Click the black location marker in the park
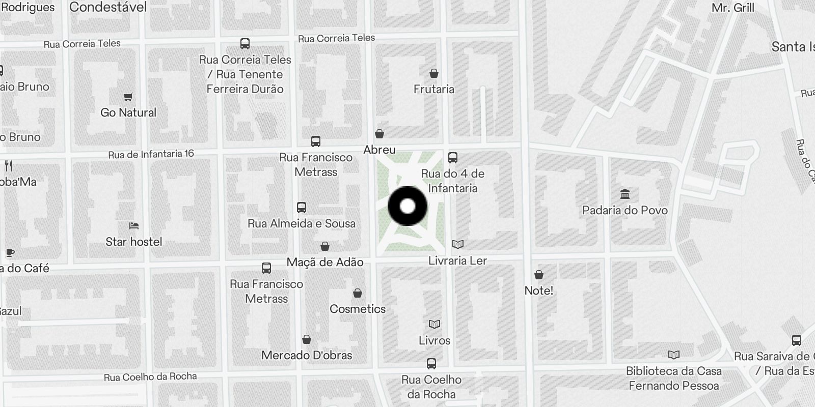pyautogui.click(x=407, y=207)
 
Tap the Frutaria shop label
pyautogui.click(x=433, y=89)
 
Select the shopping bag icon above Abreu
pyautogui.click(x=379, y=134)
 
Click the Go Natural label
pyautogui.click(x=128, y=112)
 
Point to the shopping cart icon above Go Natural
pyautogui.click(x=128, y=97)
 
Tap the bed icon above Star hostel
pyautogui.click(x=134, y=225)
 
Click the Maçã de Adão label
pyautogui.click(x=325, y=262)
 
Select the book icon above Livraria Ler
pyautogui.click(x=458, y=245)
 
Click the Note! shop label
pyautogui.click(x=538, y=290)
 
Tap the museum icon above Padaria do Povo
pyautogui.click(x=625, y=194)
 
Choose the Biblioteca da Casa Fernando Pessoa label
pyautogui.click(x=673, y=378)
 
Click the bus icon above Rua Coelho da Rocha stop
pyautogui.click(x=431, y=364)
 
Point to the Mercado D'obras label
pyautogui.click(x=307, y=355)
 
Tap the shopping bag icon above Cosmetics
pyautogui.click(x=358, y=293)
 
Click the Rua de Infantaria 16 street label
pyautogui.click(x=151, y=154)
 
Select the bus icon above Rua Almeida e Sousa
pyautogui.click(x=302, y=207)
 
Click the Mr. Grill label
pyautogui.click(x=732, y=8)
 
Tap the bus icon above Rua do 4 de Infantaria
pyautogui.click(x=453, y=157)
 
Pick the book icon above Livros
pyautogui.click(x=434, y=324)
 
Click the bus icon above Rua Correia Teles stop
pyautogui.click(x=245, y=43)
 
